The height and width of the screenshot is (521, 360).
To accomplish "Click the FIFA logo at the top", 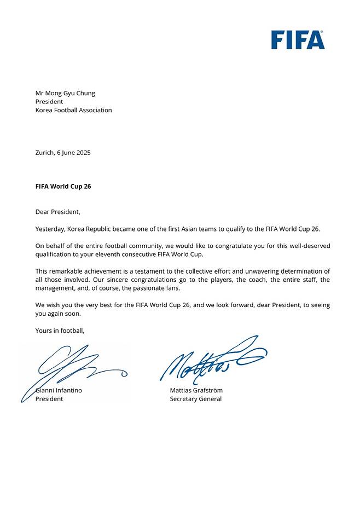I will click(x=298, y=39).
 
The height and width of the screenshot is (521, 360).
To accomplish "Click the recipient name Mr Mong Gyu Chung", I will click(x=65, y=93).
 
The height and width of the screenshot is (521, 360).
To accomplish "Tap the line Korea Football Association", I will click(x=73, y=110).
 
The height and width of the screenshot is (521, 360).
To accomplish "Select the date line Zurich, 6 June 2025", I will click(x=63, y=153).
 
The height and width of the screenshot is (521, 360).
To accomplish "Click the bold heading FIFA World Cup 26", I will click(x=63, y=186).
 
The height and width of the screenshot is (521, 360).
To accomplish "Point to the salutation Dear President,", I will click(x=57, y=212).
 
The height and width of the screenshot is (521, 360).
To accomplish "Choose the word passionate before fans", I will click(x=147, y=288).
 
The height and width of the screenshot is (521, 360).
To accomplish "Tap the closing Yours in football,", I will click(x=60, y=331).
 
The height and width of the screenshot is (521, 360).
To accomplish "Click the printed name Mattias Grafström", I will click(x=196, y=390).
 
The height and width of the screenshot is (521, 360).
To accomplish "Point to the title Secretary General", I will click(x=195, y=399).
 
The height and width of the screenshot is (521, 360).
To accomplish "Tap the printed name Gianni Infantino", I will click(x=60, y=390).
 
